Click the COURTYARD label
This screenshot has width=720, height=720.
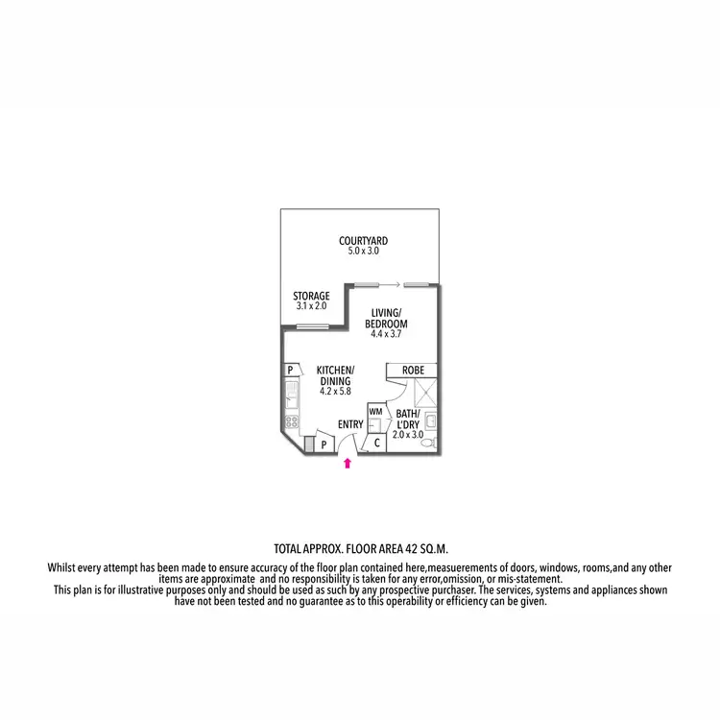click(x=363, y=240)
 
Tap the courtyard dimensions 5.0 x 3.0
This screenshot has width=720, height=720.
click(x=363, y=251)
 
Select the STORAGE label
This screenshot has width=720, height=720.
click(x=311, y=296)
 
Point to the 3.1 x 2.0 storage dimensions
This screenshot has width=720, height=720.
click(x=312, y=305)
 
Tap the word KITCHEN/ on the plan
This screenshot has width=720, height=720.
click(x=336, y=371)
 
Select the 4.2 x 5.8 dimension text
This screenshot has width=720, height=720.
click(x=336, y=392)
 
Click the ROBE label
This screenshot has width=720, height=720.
click(x=413, y=370)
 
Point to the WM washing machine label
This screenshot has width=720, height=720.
click(x=375, y=410)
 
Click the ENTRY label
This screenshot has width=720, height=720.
click(x=350, y=423)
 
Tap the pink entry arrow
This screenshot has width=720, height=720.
click(x=348, y=464)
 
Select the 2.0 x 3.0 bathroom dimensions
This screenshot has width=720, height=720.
click(x=408, y=434)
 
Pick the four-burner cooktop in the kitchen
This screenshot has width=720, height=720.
click(x=290, y=420)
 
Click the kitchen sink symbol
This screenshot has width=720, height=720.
click(x=290, y=393)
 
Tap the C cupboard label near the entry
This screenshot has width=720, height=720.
click(x=377, y=443)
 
